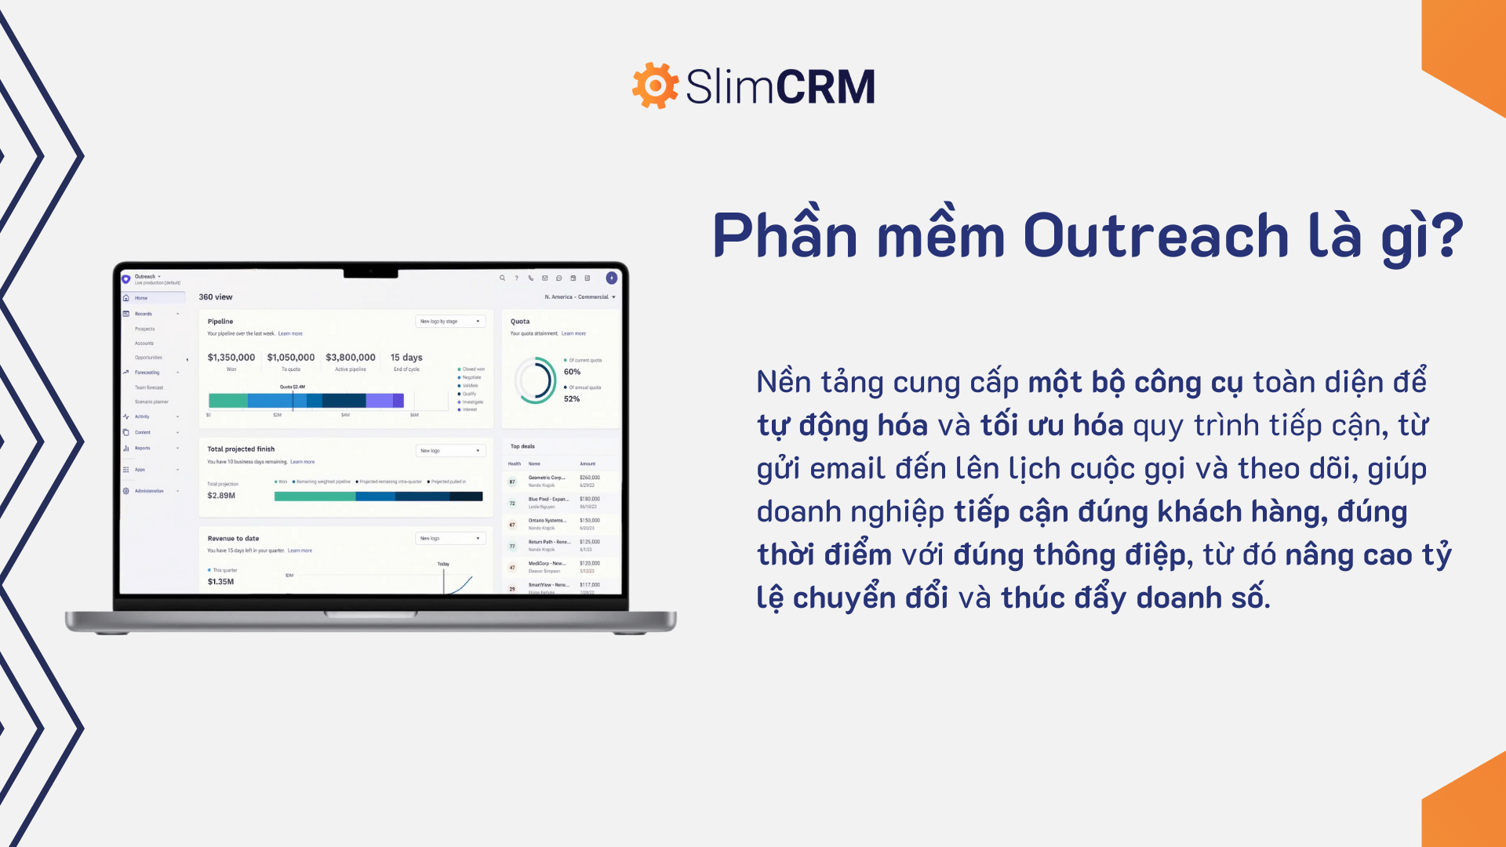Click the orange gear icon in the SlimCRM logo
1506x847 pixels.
click(x=655, y=85)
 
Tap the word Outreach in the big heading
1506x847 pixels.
click(x=1155, y=235)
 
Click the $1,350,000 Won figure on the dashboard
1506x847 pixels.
click(x=231, y=358)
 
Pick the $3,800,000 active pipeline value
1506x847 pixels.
click(x=351, y=358)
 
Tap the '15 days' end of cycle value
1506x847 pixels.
click(x=406, y=358)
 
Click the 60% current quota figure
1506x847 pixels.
click(x=573, y=372)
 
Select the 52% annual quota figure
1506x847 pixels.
click(x=572, y=399)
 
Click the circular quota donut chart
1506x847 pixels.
click(x=536, y=380)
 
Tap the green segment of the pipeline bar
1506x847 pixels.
click(x=227, y=401)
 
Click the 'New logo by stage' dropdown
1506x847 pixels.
click(x=450, y=322)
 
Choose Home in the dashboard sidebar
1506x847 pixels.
click(x=141, y=298)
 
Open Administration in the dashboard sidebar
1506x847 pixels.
click(x=149, y=491)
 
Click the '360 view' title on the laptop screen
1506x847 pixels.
click(x=216, y=297)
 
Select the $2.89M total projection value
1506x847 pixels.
click(x=221, y=496)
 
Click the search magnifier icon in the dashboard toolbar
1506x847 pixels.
click(x=502, y=278)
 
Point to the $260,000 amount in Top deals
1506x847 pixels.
click(x=590, y=478)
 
